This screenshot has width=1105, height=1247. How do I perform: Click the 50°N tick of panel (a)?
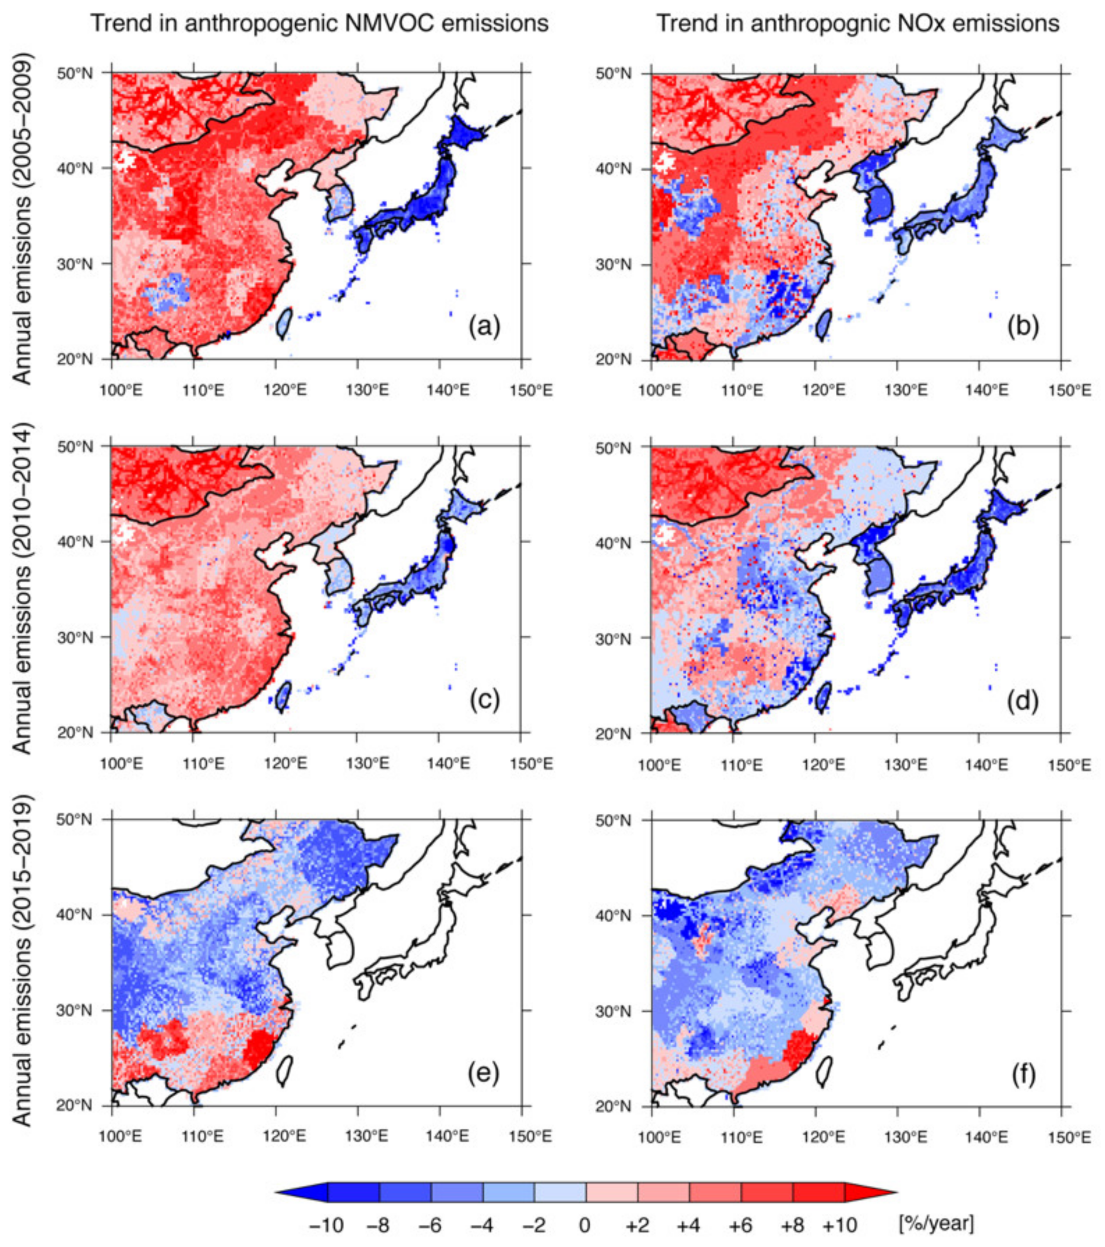pyautogui.click(x=91, y=73)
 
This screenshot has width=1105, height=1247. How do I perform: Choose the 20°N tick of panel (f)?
pyautogui.click(x=632, y=1106)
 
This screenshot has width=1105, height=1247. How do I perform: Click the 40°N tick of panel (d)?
pyautogui.click(x=632, y=542)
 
